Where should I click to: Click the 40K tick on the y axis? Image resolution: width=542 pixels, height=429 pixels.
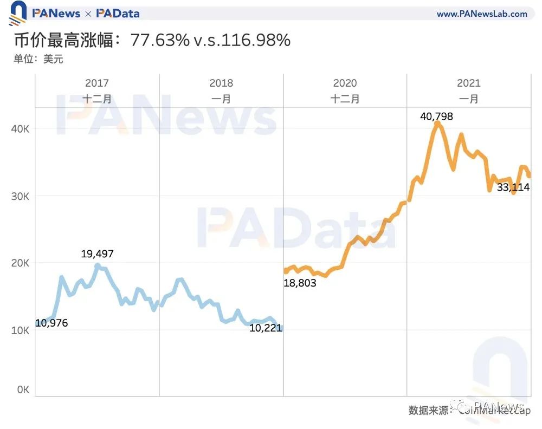tap(20, 129)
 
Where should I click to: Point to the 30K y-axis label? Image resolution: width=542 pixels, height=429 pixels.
tap(20, 196)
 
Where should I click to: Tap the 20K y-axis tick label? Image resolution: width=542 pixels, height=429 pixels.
tap(20, 263)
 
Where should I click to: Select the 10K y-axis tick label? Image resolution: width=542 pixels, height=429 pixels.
tap(20, 330)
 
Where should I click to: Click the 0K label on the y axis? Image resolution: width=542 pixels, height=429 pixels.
tap(22, 389)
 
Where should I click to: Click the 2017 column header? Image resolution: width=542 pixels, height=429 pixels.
tap(97, 83)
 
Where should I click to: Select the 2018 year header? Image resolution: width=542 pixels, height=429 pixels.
tap(221, 83)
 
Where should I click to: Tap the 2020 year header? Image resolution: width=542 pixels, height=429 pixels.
tap(345, 83)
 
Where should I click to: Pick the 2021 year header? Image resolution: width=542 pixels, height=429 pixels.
tap(469, 83)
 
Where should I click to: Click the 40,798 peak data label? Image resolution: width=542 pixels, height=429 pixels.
tap(436, 116)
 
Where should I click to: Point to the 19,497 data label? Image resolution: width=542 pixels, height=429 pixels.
tap(98, 253)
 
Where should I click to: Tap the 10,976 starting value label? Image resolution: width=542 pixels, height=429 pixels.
tap(52, 323)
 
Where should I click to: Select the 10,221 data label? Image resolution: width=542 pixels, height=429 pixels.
tap(266, 328)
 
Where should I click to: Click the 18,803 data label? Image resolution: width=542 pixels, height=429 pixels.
tap(300, 283)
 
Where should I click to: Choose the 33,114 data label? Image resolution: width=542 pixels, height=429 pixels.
tap(513, 188)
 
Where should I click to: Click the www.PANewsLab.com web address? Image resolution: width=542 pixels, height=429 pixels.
tap(482, 14)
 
